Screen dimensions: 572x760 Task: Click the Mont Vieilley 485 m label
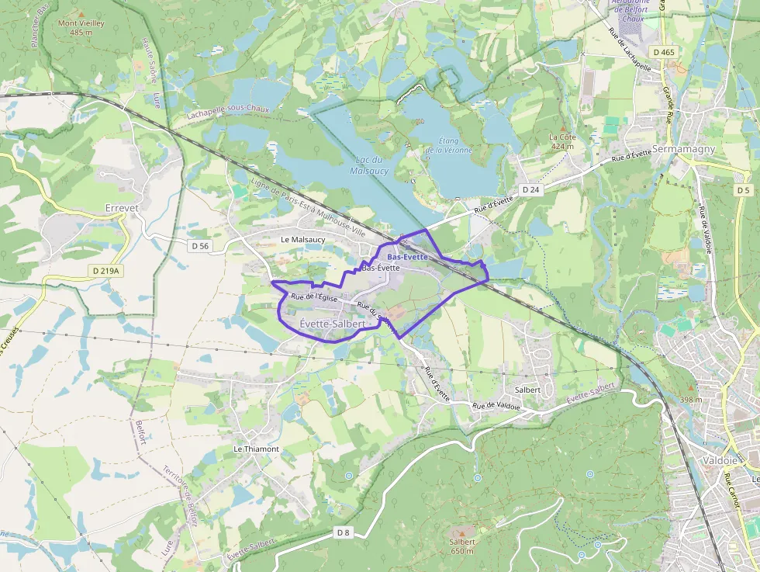[81, 28]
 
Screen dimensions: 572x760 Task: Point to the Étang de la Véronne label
[450, 145]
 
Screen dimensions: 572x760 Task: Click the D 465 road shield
[664, 51]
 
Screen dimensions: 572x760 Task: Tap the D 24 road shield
[530, 189]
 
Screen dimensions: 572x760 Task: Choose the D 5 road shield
[744, 189]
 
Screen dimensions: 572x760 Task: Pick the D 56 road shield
[200, 246]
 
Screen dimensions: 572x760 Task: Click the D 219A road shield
[105, 271]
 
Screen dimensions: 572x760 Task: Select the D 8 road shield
[344, 532]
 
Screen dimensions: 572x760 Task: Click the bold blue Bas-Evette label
[407, 257]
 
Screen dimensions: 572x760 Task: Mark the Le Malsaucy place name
[303, 240]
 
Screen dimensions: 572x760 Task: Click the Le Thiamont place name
[256, 449]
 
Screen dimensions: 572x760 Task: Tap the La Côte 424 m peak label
[562, 140]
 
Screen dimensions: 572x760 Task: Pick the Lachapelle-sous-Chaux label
[228, 113]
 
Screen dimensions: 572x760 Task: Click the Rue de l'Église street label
[313, 299]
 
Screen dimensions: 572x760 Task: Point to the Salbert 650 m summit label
[462, 546]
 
